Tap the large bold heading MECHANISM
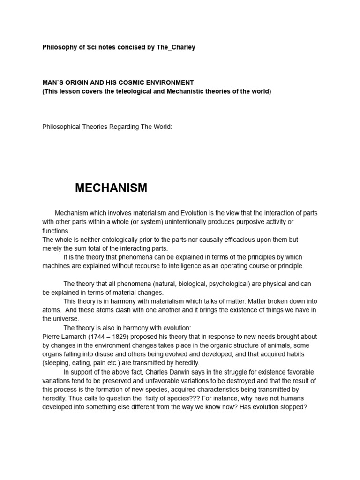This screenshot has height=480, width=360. click(111, 188)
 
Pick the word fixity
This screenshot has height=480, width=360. click(153, 398)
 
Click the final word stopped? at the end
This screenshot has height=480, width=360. click(293, 407)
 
